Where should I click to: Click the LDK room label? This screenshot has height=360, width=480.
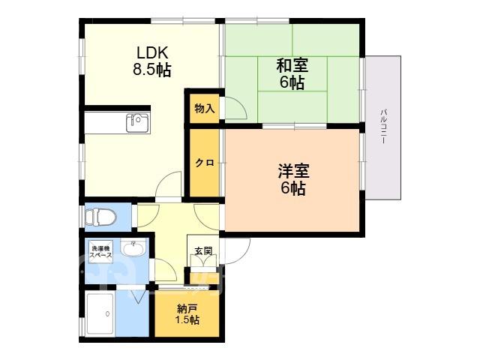click(152, 53)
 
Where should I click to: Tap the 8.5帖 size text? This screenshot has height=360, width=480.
click(151, 70)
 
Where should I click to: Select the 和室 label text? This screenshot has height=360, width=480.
click(292, 65)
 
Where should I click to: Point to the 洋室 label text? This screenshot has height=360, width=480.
click(293, 171)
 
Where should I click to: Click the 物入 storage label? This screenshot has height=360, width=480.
click(205, 108)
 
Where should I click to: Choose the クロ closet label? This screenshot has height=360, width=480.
click(205, 163)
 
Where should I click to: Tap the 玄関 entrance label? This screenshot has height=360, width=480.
click(203, 251)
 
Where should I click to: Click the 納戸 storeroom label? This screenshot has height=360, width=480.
click(187, 309)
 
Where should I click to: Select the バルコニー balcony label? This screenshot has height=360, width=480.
click(383, 126)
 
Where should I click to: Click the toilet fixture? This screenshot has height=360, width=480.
click(100, 217)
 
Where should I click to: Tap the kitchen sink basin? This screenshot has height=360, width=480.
click(138, 123)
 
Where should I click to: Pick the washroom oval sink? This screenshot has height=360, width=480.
click(133, 247)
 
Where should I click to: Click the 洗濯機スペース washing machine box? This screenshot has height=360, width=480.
click(100, 251)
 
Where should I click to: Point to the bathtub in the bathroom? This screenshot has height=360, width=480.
click(100, 314)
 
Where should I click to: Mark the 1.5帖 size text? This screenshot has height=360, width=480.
click(187, 320)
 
